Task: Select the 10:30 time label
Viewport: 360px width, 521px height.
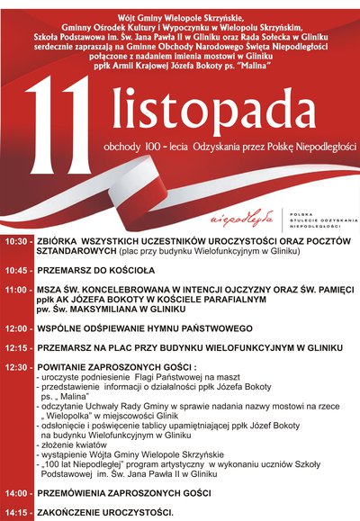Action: tap(16, 243)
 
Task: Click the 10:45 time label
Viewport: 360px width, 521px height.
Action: tap(16, 269)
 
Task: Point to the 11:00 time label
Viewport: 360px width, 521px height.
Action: tap(16, 290)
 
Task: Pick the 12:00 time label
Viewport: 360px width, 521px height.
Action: tap(16, 330)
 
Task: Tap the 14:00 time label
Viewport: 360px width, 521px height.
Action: tap(16, 494)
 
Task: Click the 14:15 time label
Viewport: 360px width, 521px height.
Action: tap(16, 512)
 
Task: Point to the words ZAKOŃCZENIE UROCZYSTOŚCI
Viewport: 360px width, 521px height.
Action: tap(104, 512)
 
